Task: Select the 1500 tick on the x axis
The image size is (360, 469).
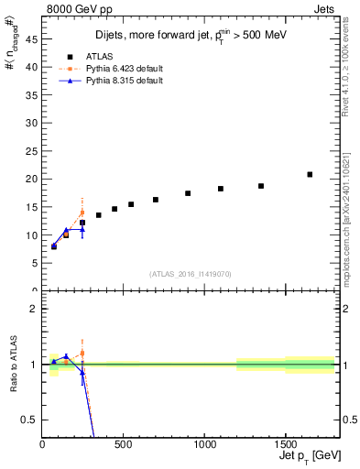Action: click(285, 444)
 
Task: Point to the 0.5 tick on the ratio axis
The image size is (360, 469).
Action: click(30, 420)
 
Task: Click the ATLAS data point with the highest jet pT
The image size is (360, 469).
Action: click(310, 174)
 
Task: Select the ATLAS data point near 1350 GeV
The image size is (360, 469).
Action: click(261, 186)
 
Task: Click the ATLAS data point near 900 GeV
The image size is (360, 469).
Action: click(188, 193)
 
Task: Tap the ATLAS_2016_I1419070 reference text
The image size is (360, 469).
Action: click(190, 274)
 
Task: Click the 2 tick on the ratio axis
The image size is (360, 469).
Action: click(34, 308)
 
